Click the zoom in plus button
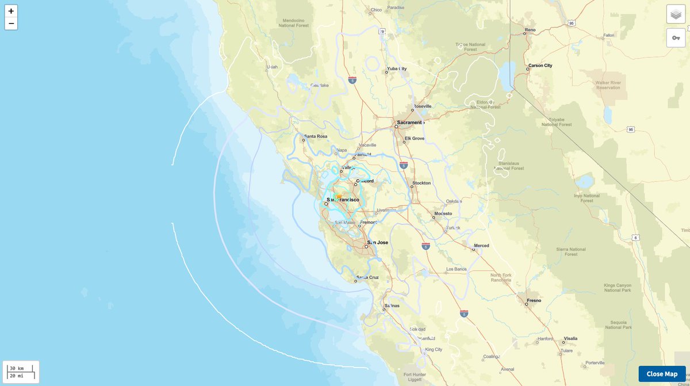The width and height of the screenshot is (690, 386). (11, 11)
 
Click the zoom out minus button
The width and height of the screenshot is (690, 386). (11, 24)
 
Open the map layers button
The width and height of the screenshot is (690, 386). (676, 14)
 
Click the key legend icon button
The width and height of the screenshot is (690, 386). (676, 37)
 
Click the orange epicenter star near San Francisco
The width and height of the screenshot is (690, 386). (339, 197)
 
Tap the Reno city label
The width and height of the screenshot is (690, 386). (530, 29)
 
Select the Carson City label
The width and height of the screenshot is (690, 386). (540, 66)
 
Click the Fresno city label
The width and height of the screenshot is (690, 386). (533, 300)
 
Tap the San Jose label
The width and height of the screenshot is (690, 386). (378, 242)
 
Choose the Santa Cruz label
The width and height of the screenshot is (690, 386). (367, 277)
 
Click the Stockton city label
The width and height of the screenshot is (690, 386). (421, 184)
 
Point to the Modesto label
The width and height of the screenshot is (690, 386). (443, 213)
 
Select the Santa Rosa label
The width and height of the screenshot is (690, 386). (315, 136)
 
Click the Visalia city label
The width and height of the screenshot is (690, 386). (570, 338)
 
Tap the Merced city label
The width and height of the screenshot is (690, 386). (481, 246)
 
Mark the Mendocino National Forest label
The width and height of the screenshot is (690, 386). (294, 22)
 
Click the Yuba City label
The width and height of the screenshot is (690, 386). (396, 68)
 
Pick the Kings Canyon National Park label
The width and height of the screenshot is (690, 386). (618, 288)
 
